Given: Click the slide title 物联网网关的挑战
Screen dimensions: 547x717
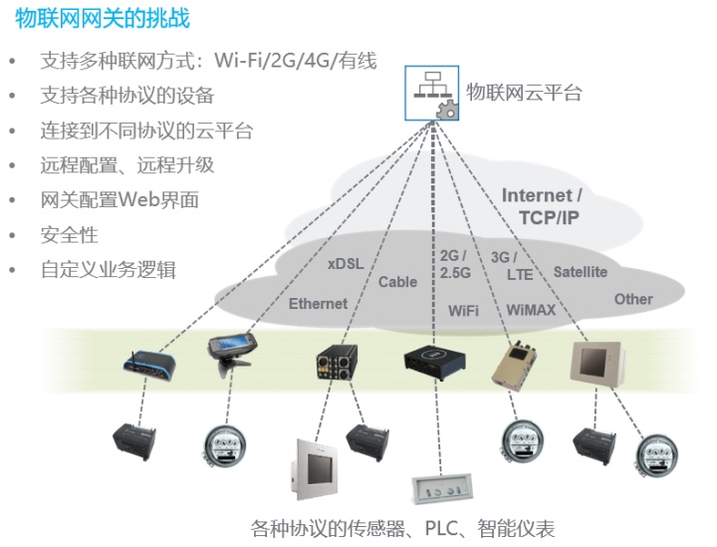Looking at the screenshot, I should click(x=103, y=19).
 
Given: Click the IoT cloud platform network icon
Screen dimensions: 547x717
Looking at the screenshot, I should click(x=431, y=93).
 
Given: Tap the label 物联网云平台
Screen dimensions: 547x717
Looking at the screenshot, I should click(x=524, y=93).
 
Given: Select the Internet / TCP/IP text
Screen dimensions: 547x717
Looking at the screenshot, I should click(x=543, y=206).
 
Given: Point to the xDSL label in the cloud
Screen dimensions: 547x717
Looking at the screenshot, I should click(x=346, y=264).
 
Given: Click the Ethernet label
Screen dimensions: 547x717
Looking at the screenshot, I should click(x=318, y=303).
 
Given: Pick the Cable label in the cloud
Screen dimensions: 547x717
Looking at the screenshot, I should click(x=397, y=282).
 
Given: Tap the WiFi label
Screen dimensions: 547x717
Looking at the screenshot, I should click(x=463, y=310).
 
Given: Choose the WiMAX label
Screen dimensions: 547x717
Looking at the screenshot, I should click(x=531, y=310).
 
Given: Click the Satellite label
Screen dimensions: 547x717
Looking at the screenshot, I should click(x=580, y=272).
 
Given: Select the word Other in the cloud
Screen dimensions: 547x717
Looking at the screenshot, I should click(x=633, y=299).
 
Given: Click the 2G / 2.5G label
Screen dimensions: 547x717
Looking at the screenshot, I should click(x=455, y=263).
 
